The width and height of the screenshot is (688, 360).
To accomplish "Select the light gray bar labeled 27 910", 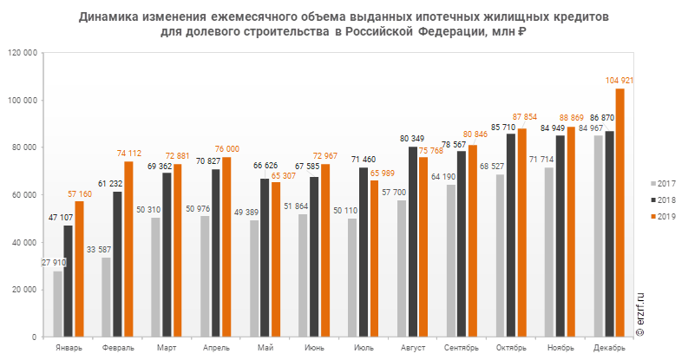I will [x=57, y=304].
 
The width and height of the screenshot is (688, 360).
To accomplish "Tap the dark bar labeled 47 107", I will [x=69, y=281].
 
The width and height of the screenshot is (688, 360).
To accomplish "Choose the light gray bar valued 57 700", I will [x=402, y=268].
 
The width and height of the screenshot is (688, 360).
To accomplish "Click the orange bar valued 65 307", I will [x=276, y=259].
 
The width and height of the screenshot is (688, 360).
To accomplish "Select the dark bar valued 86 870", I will [x=609, y=234].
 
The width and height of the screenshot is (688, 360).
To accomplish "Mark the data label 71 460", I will [x=364, y=160].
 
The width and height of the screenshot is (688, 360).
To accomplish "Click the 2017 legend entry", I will [x=664, y=184].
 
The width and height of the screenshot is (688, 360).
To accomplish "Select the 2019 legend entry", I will [x=664, y=216].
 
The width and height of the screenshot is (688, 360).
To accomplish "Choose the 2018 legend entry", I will [x=664, y=200].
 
